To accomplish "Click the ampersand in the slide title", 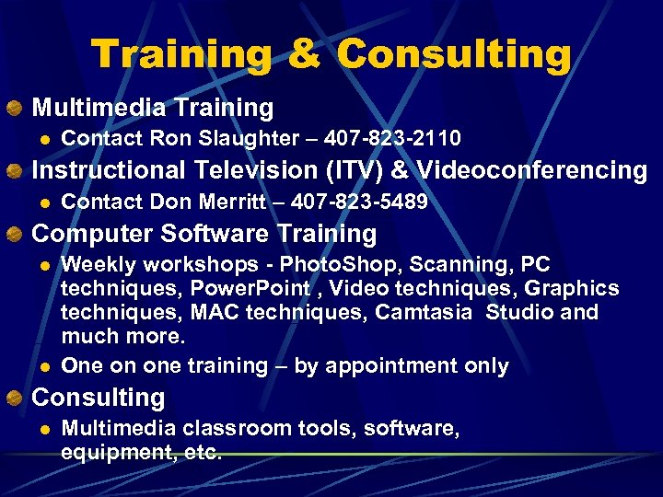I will [304, 54].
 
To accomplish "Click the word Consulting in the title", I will [454, 54].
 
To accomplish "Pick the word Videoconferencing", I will [532, 170].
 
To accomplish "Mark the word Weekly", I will [94, 265].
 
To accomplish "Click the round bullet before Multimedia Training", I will [14, 109].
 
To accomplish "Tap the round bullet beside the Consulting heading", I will [14, 399].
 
